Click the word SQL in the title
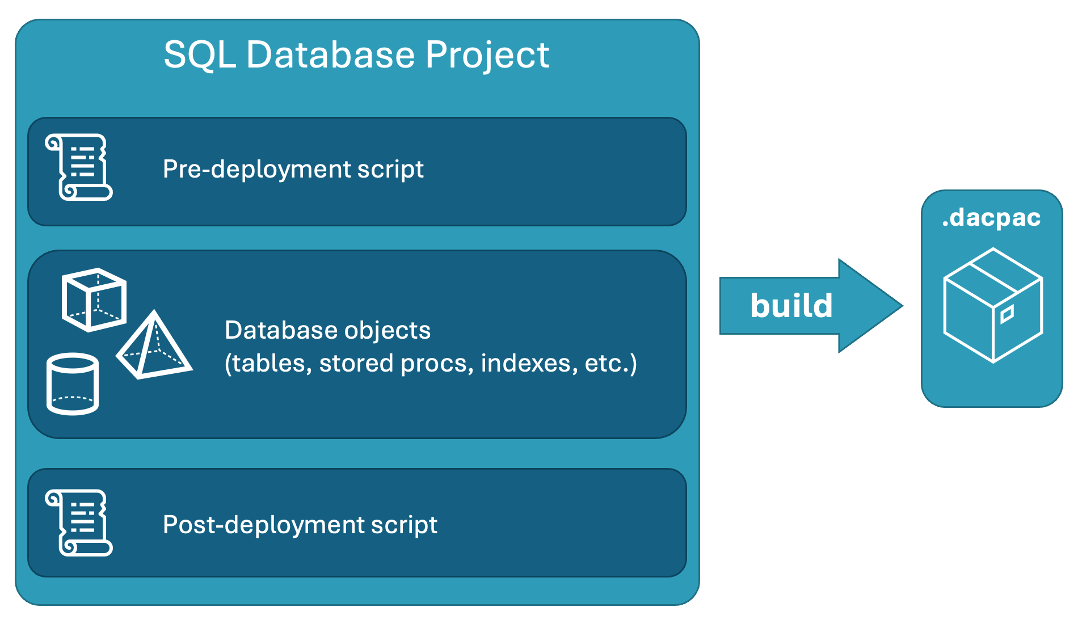click(199, 55)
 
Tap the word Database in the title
click(331, 55)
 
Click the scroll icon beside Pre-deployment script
click(79, 167)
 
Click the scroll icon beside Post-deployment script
click(79, 522)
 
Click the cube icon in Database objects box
click(94, 300)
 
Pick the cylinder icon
click(72, 384)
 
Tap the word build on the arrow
click(791, 306)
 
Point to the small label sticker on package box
click(1007, 314)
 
